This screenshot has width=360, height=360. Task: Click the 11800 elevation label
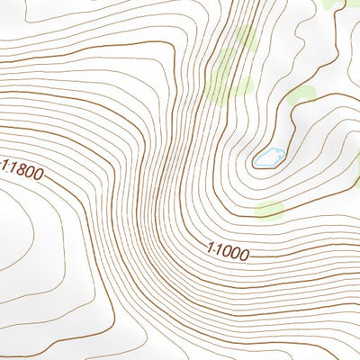(22, 169)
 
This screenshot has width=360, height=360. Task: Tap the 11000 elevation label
(227, 252)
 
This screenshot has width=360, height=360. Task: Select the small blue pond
(268, 158)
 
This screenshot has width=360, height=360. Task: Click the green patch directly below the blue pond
(269, 211)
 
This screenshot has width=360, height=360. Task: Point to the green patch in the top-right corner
(335, 4)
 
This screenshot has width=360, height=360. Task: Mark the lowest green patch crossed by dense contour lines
(238, 86)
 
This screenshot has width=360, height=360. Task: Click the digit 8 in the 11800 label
(18, 168)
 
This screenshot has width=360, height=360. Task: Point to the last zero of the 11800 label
(37, 174)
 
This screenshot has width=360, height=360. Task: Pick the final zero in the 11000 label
(243, 256)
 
